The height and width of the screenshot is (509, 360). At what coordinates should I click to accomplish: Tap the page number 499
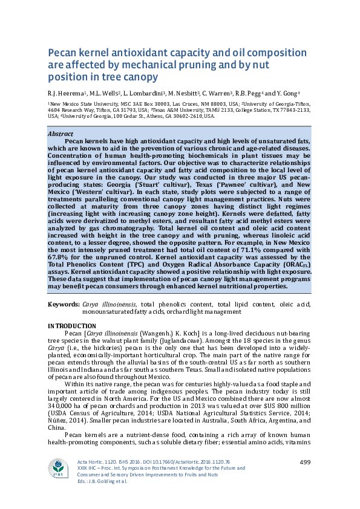coord(305,462)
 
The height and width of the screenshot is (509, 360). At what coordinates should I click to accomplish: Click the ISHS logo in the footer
coord(59,468)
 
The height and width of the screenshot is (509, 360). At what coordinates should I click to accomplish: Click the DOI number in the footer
coord(179,462)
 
